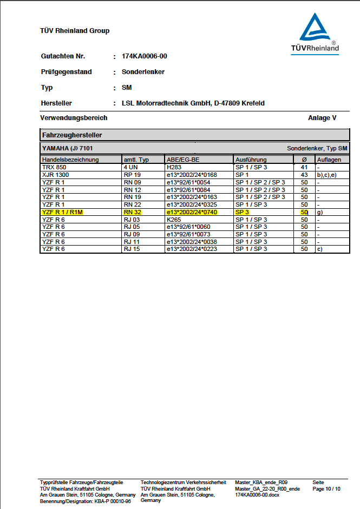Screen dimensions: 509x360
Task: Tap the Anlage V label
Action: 322,118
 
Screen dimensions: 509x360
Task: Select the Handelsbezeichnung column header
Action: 70,160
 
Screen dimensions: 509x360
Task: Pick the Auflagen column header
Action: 329,160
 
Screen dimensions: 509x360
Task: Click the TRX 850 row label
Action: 53,168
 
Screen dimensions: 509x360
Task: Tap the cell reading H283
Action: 174,168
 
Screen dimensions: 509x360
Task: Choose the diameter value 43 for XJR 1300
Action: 304,175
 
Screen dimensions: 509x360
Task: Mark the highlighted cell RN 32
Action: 132,213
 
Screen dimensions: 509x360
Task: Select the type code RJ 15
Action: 132,249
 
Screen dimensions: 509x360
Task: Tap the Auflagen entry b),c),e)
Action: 327,175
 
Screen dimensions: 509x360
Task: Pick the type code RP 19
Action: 132,175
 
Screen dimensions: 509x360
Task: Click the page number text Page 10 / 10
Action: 326,489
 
